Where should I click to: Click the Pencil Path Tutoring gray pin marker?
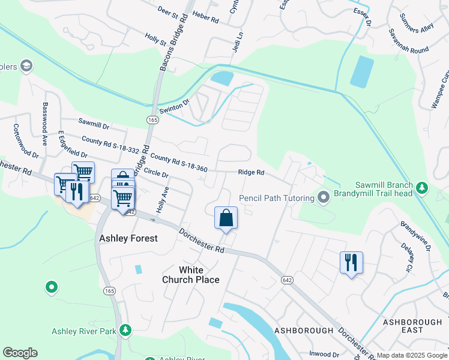pyautogui.click(x=324, y=197)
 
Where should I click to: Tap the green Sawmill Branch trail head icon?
pyautogui.click(x=422, y=189)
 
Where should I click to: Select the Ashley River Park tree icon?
pyautogui.click(x=125, y=331)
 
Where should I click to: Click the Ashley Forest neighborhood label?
pyautogui.click(x=128, y=238)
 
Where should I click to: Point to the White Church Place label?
pyautogui.click(x=190, y=275)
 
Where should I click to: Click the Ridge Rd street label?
pyautogui.click(x=251, y=172)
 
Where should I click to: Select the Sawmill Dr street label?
pyautogui.click(x=94, y=127)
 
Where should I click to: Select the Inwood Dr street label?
pyautogui.click(x=324, y=353)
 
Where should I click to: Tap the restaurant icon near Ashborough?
pyautogui.click(x=351, y=262)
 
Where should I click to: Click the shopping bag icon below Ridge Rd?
pyautogui.click(x=226, y=217)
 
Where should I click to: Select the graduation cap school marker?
pyautogui.click(x=26, y=65)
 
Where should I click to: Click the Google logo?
pyautogui.click(x=20, y=353)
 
